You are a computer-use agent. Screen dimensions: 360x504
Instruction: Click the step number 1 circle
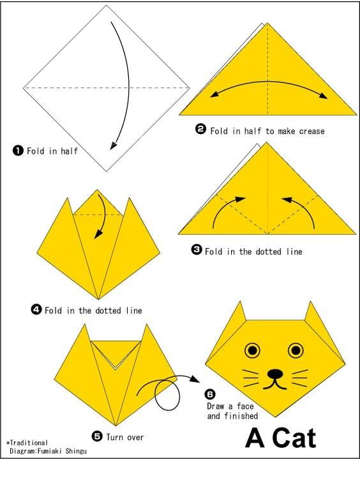pos(18,150)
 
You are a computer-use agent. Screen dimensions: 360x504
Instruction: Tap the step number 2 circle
pos(201,130)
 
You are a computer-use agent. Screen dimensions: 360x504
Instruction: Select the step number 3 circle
pos(196,249)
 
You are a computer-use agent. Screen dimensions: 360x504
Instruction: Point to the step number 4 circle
pos(36,309)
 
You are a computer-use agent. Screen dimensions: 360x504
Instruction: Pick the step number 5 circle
pos(97,436)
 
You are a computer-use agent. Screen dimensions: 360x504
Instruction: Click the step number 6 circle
pos(210,394)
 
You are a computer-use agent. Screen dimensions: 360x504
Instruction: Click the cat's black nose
pos(275,374)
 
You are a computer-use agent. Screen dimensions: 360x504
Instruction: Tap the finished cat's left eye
pos(253,350)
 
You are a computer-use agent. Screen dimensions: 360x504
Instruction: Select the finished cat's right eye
pos(296,350)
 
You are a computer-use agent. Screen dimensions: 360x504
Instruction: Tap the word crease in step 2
pos(311,131)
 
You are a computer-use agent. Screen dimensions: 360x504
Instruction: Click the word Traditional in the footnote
pos(29,443)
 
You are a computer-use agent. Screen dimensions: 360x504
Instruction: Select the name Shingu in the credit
pos(76,451)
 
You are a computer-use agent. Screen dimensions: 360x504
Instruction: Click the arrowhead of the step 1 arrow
pos(113,145)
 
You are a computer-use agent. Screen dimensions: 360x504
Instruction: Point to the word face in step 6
pos(245,406)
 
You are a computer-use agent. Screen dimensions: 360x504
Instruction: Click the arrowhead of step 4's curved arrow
pos(98,235)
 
